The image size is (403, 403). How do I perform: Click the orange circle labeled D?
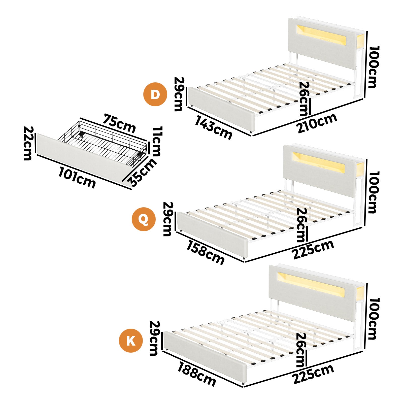[155, 94]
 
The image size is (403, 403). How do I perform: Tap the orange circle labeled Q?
[144, 219]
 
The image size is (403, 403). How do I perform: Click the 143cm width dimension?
[213, 127]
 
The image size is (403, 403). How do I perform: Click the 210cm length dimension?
[317, 123]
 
